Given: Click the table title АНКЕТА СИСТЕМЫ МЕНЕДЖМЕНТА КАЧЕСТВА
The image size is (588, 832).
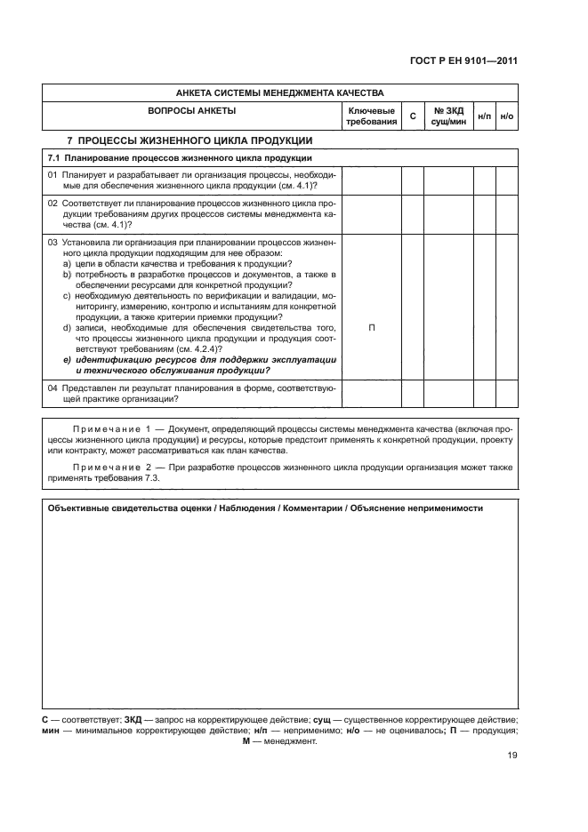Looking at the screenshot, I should pos(279,92).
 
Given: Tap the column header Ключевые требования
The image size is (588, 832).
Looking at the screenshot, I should pos(371,116).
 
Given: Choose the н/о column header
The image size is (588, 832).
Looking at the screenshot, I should pos(507,116).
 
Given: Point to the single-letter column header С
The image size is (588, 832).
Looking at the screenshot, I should pos(412,116).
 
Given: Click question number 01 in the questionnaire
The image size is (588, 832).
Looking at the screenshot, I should pos(52,175).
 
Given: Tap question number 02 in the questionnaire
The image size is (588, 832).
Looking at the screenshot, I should pos(52,204).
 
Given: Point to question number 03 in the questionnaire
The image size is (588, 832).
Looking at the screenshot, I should pos(52,243).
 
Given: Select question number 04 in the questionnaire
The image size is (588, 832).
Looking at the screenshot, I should pos(52,388).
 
